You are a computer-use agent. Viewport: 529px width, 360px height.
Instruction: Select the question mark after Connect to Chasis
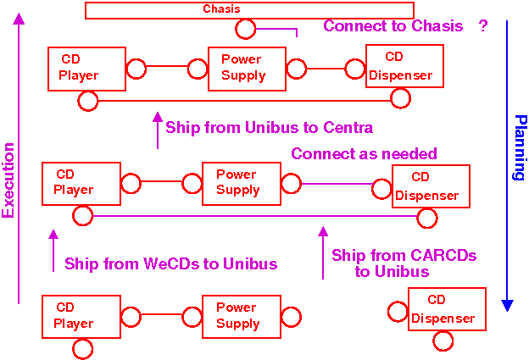coord(483,26)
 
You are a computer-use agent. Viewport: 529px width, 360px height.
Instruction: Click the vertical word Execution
coord(9,180)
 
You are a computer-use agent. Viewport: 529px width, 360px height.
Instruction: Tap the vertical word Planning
coord(519,148)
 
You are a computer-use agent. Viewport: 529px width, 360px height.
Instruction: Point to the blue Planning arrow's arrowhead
coord(507,303)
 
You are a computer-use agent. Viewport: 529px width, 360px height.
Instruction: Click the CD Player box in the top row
coord(86,69)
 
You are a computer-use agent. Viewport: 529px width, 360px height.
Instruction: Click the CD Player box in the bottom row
coord(80,316)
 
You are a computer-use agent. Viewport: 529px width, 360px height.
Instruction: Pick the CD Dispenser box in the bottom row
coord(447,309)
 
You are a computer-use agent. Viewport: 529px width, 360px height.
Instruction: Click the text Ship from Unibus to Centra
coord(269,128)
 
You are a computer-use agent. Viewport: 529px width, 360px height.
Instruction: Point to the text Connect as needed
coord(364,154)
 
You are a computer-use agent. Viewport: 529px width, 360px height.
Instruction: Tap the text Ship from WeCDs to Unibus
coord(170,264)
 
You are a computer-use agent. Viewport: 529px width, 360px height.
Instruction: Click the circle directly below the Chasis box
coord(246,30)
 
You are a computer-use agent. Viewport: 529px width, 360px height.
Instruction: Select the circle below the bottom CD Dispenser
coord(443,341)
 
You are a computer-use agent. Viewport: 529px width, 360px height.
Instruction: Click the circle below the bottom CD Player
coord(82,348)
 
